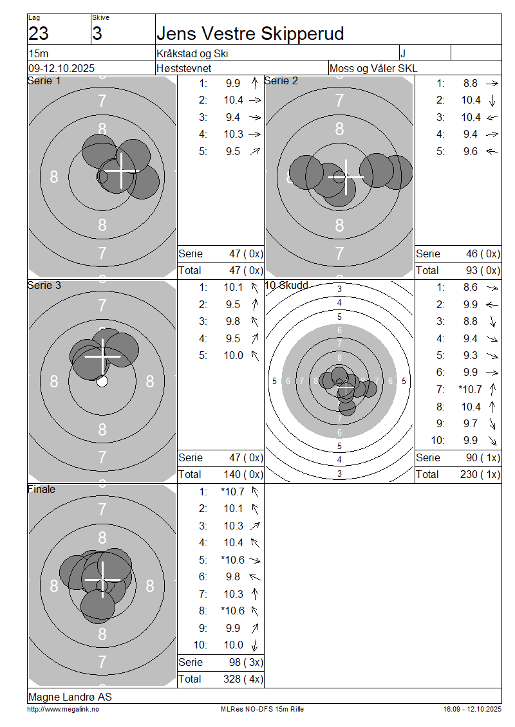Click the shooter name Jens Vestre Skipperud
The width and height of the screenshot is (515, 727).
[x=250, y=34]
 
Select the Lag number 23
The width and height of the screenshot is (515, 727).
[x=39, y=34]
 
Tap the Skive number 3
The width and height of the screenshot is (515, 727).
[x=97, y=34]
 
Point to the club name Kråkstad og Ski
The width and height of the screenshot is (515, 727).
[x=192, y=54]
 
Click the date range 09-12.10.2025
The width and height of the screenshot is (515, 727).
[x=61, y=69]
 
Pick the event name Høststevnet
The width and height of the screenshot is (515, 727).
[x=183, y=69]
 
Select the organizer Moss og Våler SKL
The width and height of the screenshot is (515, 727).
[x=373, y=69]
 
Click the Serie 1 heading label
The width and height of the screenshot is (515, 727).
[x=44, y=80]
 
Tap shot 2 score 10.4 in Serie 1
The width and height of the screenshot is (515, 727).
[x=234, y=100]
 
